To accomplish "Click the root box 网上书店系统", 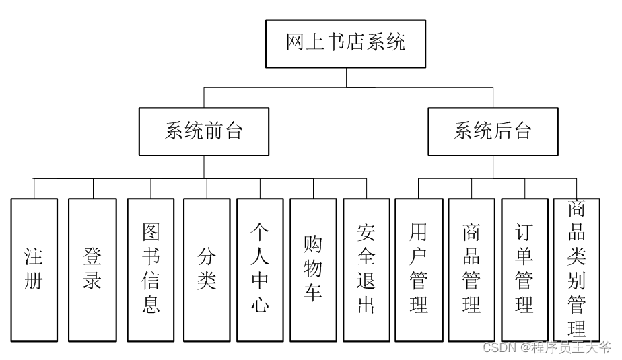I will point(345,44).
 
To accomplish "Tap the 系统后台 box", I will point(493,131).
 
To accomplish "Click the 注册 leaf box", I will point(34,269).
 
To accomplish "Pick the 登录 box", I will point(92,269).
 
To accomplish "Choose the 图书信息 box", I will point(151,269).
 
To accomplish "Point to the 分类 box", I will point(207,269).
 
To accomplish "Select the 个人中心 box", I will point(260,269).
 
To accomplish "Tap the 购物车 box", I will point(313,269).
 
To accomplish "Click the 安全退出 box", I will point(366,269).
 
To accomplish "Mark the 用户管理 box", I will point(419,269).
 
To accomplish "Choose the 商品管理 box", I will point(472,269).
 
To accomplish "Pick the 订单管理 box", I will point(524,269).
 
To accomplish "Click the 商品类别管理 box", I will point(576,269).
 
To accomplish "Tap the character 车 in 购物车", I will point(313,293).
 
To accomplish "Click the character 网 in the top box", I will point(296,44).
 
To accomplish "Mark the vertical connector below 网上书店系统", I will point(346,77).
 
